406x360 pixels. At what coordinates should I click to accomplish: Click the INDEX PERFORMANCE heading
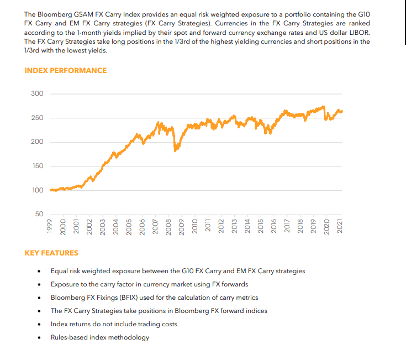[66, 70]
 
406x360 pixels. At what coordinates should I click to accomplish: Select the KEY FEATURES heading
[51, 253]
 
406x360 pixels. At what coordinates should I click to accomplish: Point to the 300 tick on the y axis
[37, 93]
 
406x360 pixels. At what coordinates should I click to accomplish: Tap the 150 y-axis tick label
[37, 166]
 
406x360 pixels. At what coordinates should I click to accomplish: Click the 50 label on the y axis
[39, 214]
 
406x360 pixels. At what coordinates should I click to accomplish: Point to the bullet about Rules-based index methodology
[100, 337]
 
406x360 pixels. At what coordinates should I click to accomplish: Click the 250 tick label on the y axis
[37, 118]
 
